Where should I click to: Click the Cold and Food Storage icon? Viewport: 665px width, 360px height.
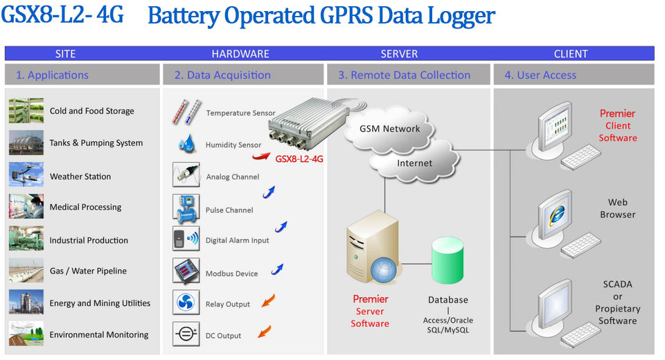26,111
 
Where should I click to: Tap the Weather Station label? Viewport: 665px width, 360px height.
80,177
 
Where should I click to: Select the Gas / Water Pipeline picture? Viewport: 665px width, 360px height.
26,271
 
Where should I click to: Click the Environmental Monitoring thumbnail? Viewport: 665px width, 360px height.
26,334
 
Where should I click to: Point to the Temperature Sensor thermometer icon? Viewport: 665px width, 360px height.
186,112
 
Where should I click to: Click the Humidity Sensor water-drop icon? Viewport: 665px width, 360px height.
186,144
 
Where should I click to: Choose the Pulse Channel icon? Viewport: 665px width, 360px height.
186,208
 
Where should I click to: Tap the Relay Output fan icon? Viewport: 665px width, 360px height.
186,303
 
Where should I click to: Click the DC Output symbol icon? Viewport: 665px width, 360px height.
186,335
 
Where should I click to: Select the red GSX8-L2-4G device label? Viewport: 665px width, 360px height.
299,159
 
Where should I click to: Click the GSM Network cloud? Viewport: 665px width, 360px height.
389,129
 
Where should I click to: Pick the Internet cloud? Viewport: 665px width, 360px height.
414,163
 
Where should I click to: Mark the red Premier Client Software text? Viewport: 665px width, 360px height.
617,125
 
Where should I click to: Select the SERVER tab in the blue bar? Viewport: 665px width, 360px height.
399,53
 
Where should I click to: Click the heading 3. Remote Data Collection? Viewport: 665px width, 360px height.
404,75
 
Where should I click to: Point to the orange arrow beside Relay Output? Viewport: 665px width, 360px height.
265,300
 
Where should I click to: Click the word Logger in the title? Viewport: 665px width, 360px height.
460,15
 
